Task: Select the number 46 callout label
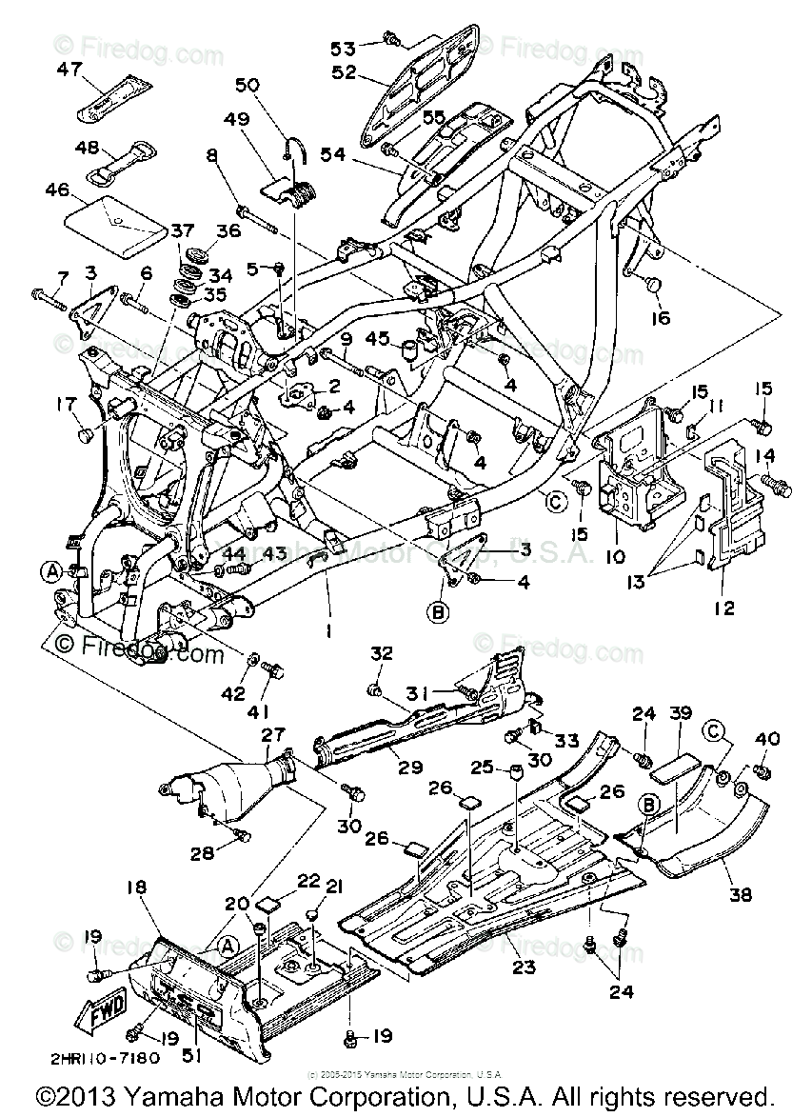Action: point(58,189)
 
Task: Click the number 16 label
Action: point(660,318)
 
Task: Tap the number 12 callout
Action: point(723,608)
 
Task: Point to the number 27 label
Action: point(273,734)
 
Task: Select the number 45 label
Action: point(377,339)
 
